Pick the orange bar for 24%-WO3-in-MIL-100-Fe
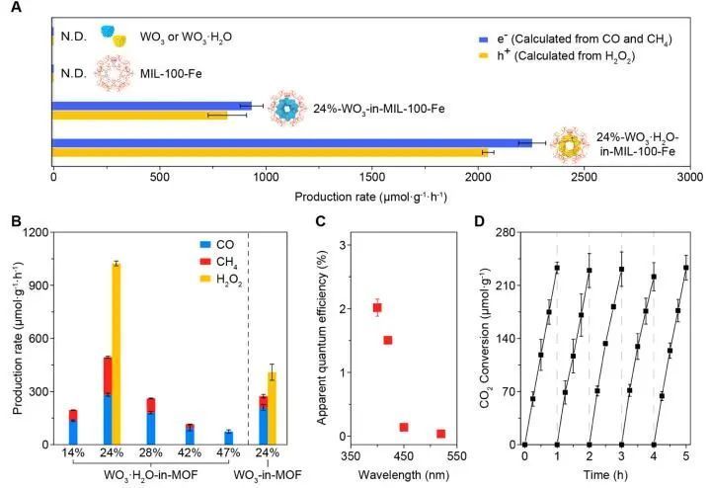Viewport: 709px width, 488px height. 139,116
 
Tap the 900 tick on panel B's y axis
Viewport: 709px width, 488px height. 36,285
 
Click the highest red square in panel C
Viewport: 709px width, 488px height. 377,308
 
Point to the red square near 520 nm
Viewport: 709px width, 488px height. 440,434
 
